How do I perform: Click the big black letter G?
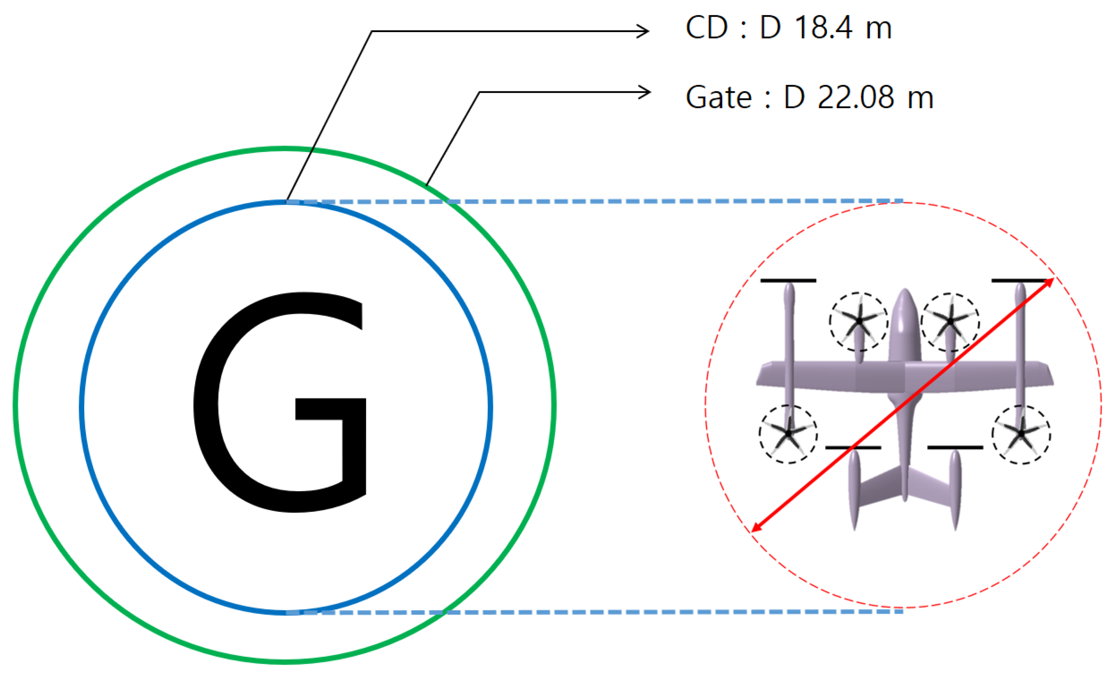click(280, 402)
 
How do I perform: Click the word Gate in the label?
click(718, 97)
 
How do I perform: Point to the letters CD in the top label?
click(706, 28)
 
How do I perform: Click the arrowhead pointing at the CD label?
click(643, 31)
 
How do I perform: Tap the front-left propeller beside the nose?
click(858, 321)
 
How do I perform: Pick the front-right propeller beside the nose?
click(950, 321)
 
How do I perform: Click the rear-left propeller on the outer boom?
click(788, 434)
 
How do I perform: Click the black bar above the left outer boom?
click(788, 281)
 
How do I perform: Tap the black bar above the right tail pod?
click(955, 447)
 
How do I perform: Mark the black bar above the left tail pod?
click(853, 447)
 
